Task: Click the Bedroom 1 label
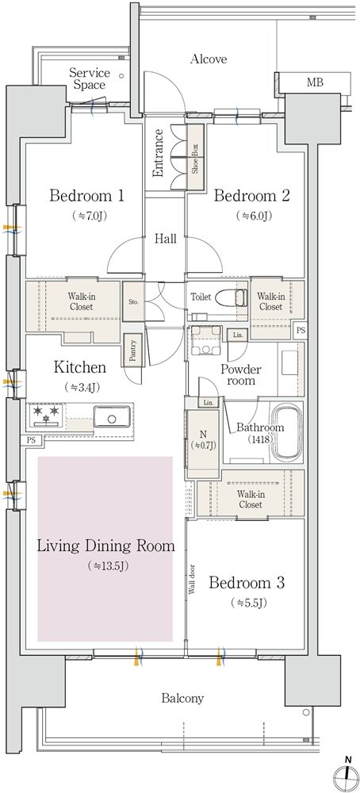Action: (x=86, y=196)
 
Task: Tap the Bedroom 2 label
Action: (x=252, y=196)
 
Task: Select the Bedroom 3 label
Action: (x=247, y=583)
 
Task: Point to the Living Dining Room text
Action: (x=106, y=546)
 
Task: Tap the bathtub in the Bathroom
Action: (x=287, y=432)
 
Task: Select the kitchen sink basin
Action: (x=112, y=418)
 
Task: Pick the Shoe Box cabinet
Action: (x=194, y=159)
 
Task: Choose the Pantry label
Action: (x=132, y=349)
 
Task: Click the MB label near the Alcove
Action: (x=315, y=82)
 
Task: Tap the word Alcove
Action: (x=209, y=59)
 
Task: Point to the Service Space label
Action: (x=90, y=79)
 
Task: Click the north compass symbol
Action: (x=347, y=774)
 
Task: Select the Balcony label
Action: (x=182, y=699)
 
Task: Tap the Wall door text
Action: (x=192, y=581)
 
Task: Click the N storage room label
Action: (x=202, y=439)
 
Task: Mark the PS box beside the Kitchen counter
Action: (x=32, y=440)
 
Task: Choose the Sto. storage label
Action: (x=133, y=302)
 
